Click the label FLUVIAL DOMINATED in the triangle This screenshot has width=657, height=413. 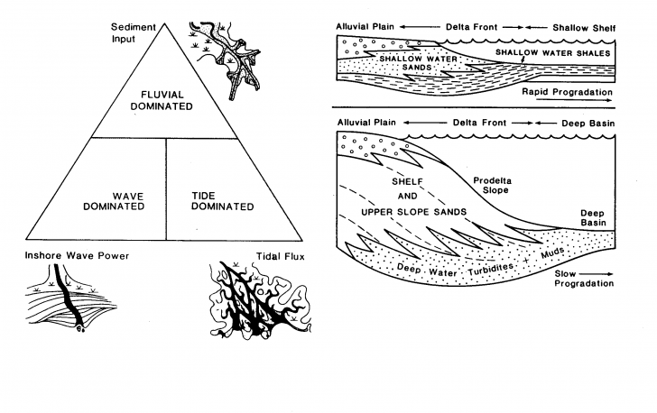pyautogui.click(x=166, y=99)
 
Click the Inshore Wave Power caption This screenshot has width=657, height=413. pyautogui.click(x=77, y=256)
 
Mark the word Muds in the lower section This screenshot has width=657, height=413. pyautogui.click(x=549, y=255)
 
